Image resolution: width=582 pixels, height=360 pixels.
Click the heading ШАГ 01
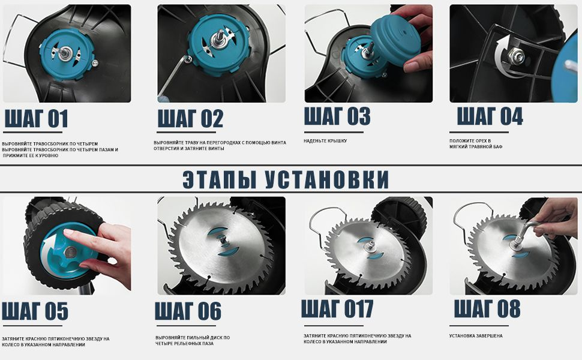[36, 119]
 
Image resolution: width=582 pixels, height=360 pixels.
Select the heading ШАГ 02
[190, 119]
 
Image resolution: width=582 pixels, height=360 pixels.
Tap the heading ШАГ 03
[337, 116]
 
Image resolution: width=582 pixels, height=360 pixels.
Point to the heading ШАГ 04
[490, 116]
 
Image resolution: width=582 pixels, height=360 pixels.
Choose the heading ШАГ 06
[188, 311]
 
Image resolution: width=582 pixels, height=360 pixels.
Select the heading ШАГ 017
[337, 309]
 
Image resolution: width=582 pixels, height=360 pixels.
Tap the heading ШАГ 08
[487, 308]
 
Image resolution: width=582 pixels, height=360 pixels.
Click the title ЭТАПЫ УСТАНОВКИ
[286, 179]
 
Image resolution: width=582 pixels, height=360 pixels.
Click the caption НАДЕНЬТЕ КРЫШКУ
[325, 141]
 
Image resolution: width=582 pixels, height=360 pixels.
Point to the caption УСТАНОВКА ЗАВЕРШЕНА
[476, 336]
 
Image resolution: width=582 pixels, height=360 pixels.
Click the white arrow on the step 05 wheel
[53, 246]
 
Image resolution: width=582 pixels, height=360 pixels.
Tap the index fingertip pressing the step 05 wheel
[67, 233]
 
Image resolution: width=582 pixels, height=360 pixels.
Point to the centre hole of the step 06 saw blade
[223, 239]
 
